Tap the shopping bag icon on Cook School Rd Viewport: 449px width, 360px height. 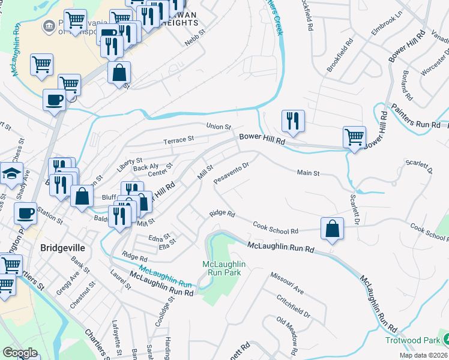(332, 229)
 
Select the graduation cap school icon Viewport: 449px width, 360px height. (12, 174)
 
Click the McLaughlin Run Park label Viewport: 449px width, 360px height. (224, 268)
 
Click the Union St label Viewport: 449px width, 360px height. (219, 127)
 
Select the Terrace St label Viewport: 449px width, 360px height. (179, 139)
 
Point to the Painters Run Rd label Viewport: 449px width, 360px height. (420, 124)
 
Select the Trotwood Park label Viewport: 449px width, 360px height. (412, 340)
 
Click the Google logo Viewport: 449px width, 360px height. (20, 353)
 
